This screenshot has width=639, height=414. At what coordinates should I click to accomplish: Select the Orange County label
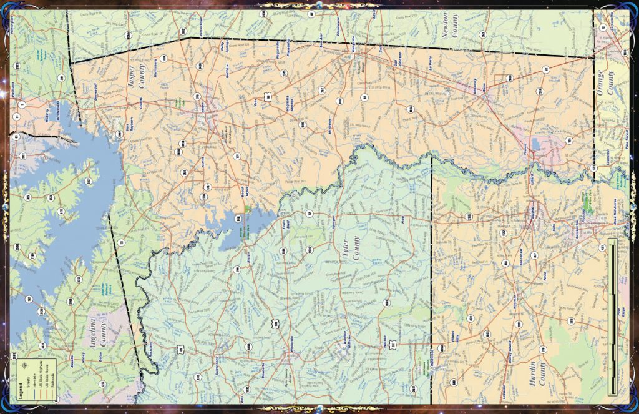point(607,82)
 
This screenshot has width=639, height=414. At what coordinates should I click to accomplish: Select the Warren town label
point(384,343)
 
